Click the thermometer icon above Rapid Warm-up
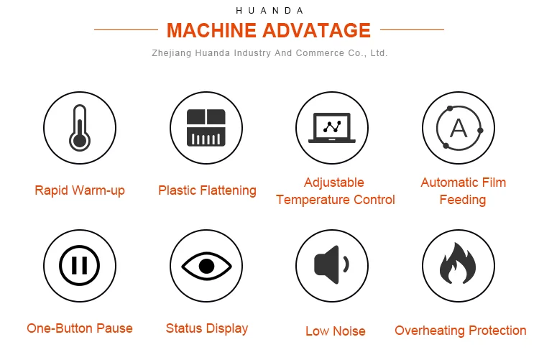80,128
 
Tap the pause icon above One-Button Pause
80,265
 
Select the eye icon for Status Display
206,266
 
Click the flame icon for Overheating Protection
458,265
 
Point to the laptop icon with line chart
332,129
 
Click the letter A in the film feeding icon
458,129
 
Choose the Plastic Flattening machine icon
206,129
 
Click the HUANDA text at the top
269,11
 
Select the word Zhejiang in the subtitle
170,53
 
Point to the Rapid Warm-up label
80,190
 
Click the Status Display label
207,328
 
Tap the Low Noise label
336,331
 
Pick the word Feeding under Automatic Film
463,200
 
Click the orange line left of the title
126,30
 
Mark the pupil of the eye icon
206,266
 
